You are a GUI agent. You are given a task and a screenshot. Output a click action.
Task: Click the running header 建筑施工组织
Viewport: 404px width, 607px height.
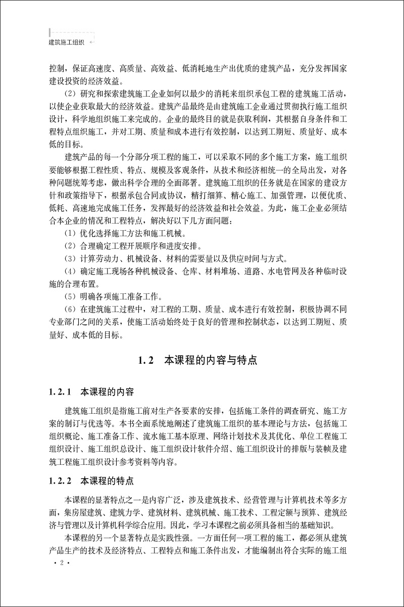point(66,42)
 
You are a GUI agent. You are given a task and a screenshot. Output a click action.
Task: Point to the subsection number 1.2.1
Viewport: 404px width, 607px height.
point(62,392)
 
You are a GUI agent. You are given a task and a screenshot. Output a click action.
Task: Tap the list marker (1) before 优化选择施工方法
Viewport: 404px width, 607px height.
point(72,234)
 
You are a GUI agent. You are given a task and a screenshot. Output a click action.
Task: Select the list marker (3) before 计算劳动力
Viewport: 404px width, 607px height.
point(72,258)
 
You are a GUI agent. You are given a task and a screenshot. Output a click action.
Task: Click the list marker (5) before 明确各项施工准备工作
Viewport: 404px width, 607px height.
point(72,296)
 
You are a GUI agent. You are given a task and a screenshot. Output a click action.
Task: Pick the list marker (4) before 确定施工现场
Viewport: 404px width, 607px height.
point(72,271)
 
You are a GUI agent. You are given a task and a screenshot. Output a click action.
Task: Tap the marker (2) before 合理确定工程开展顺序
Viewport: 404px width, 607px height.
point(72,246)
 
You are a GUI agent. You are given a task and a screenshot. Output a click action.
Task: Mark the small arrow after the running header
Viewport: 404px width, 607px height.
point(90,42)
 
